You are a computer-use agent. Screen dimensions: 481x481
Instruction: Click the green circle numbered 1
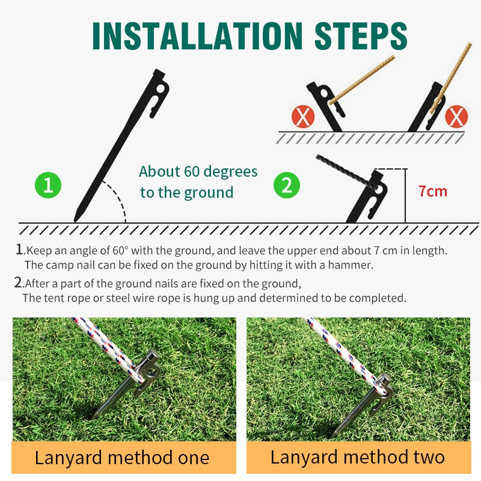point(48,185)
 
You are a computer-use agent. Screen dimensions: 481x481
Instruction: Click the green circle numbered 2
point(287,185)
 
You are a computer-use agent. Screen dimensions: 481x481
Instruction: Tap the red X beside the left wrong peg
point(303,117)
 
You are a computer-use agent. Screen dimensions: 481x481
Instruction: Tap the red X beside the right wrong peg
point(456,117)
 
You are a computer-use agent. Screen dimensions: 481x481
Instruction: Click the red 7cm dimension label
point(433,191)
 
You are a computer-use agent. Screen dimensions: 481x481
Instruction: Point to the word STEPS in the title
point(361,36)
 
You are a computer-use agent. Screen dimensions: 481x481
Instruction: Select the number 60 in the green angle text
point(192,171)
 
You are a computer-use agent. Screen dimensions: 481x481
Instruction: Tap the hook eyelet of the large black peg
point(161,89)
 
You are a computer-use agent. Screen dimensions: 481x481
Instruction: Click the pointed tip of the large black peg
point(75,220)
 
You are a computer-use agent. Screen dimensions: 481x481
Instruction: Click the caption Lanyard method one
point(122,458)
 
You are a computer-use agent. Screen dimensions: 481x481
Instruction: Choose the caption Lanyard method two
point(357,457)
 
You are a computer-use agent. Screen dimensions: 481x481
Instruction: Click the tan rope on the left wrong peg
point(362,80)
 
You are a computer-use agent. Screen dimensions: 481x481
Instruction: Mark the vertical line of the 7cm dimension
point(405,196)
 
